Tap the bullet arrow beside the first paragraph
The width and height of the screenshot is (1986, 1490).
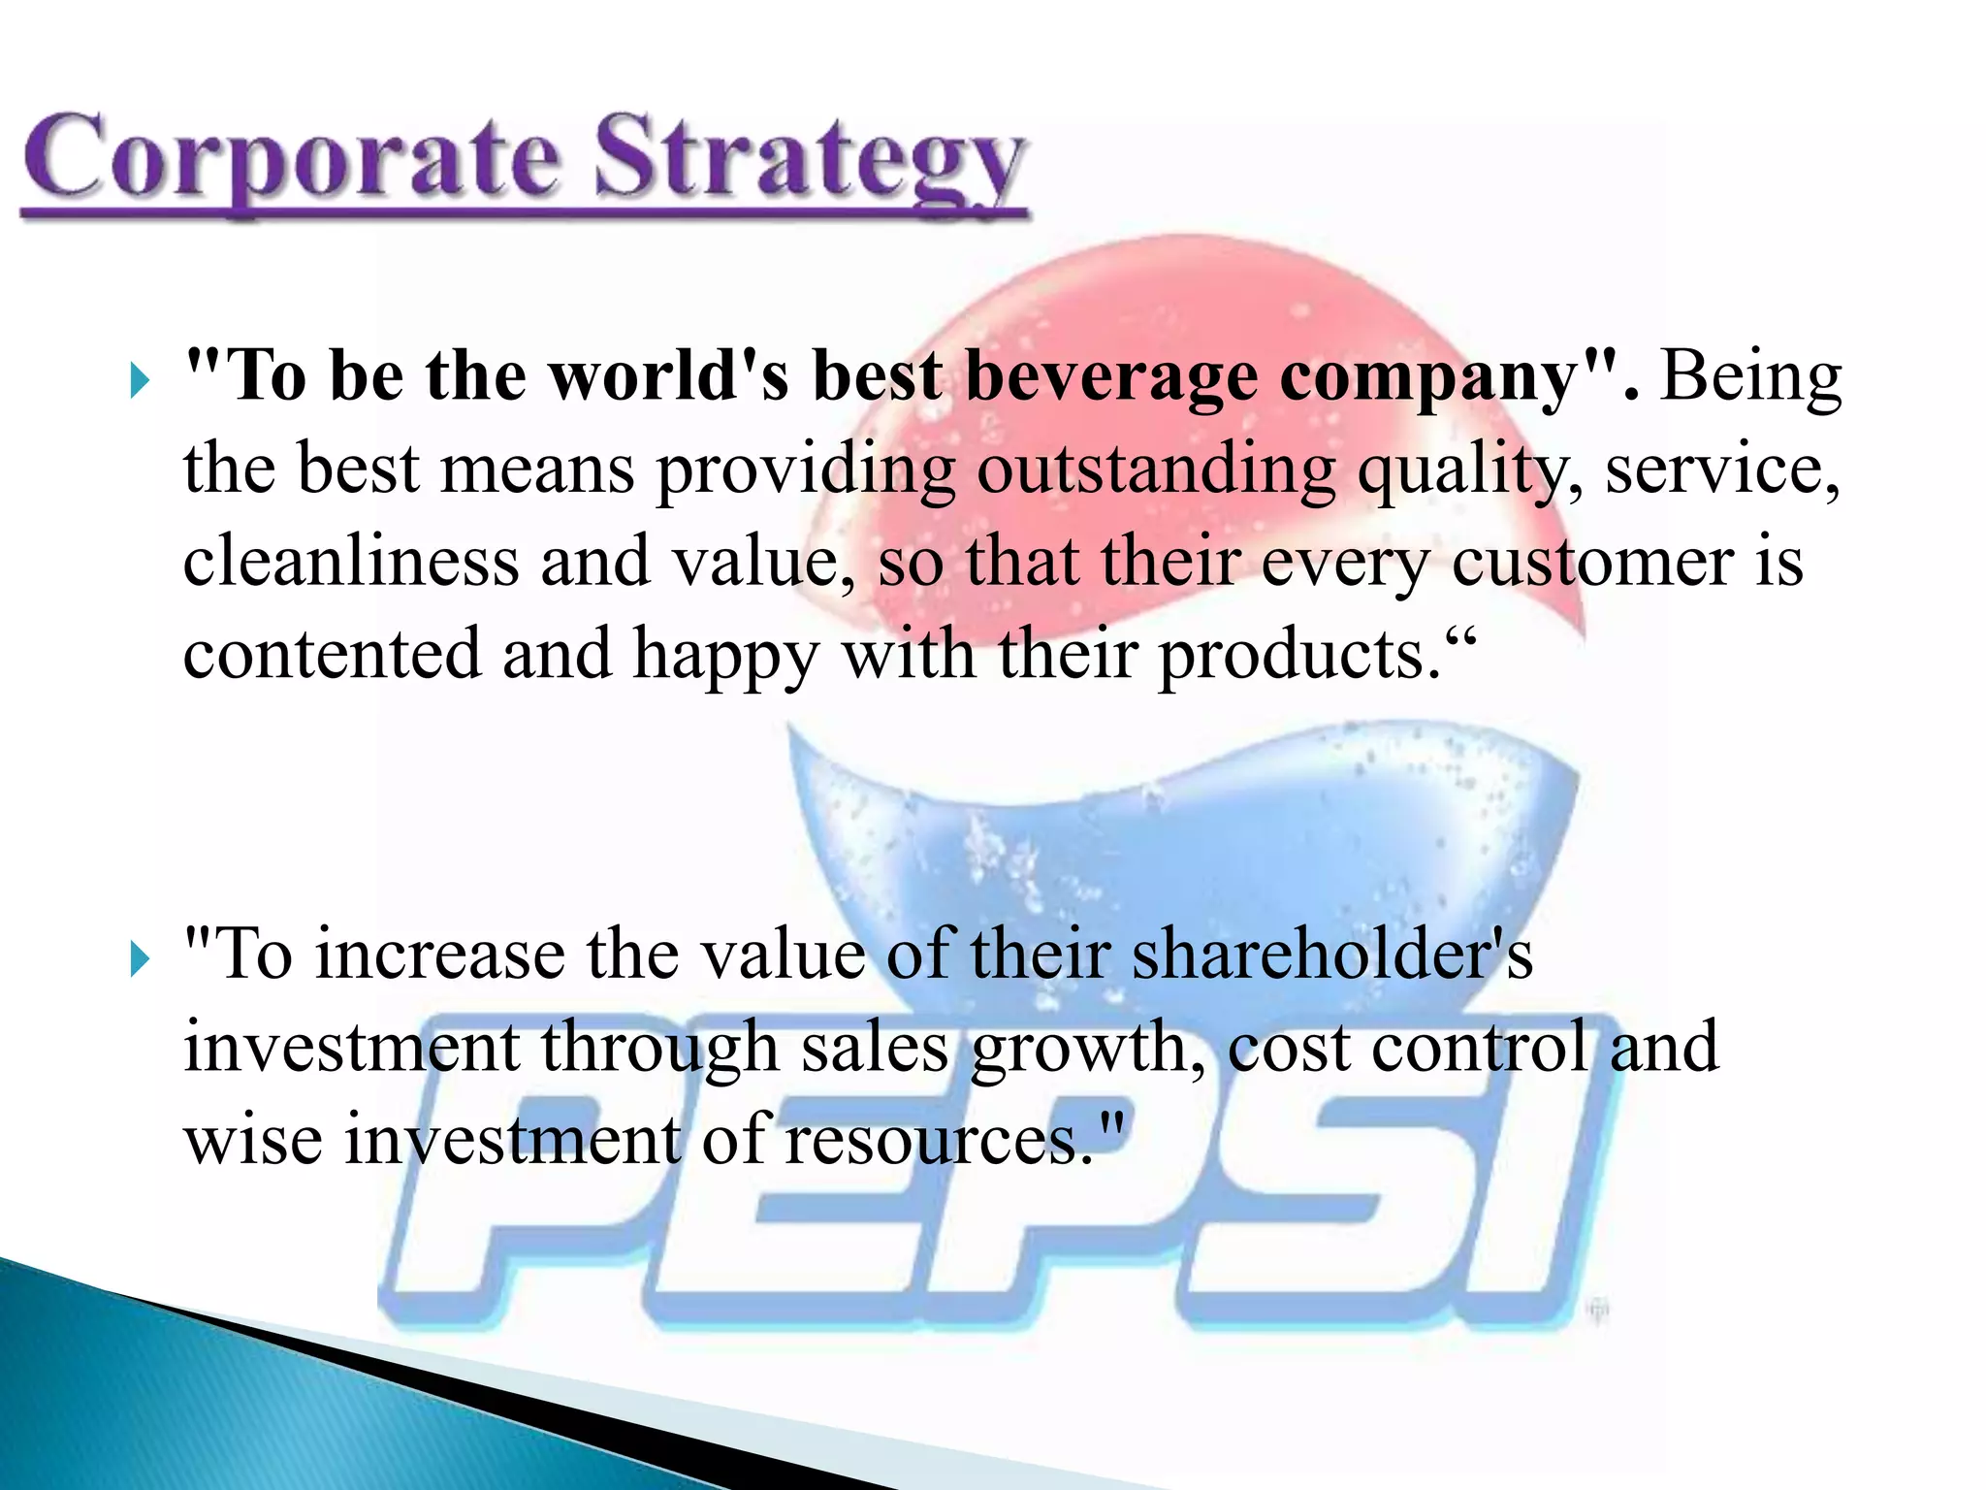click(141, 380)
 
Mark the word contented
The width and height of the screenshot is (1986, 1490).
click(332, 654)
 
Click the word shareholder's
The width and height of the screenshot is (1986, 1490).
click(1332, 955)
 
